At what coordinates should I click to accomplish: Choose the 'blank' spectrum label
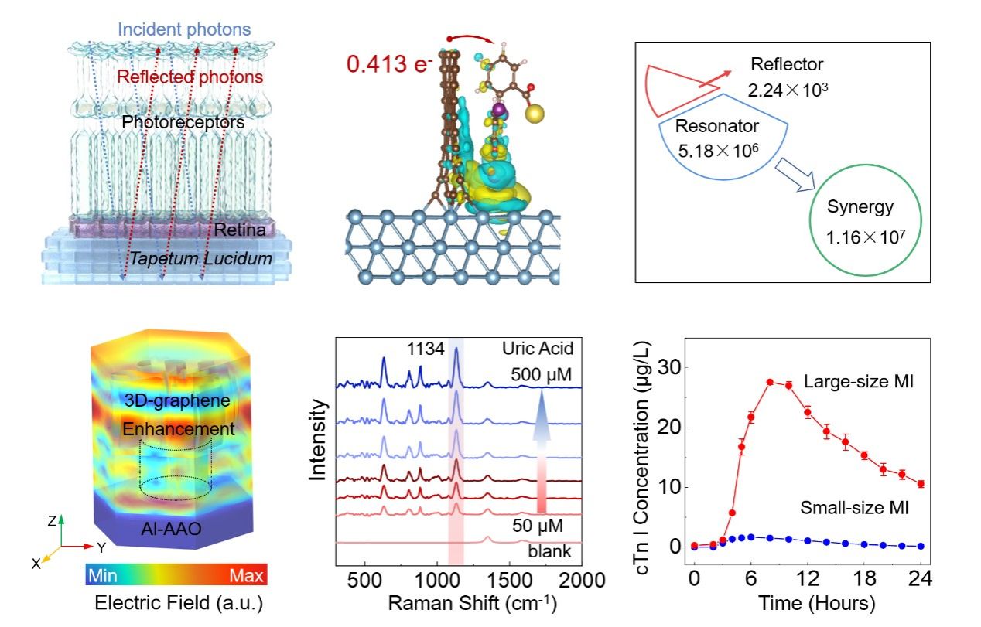[x=549, y=552]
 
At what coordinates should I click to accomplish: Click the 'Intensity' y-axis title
[x=318, y=441]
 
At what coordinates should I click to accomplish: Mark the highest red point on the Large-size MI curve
[x=770, y=382]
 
